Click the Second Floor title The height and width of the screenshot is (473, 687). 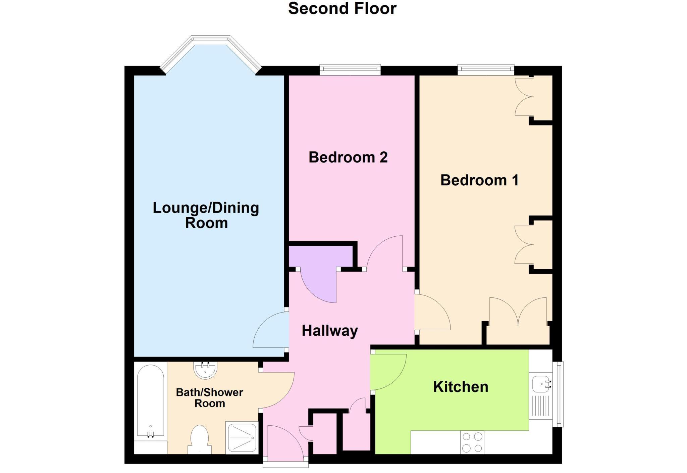click(x=342, y=8)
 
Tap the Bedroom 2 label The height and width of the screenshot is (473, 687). click(x=348, y=157)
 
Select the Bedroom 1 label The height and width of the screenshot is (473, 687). click(x=479, y=180)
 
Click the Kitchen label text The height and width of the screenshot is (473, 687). click(x=460, y=387)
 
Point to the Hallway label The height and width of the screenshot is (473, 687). click(x=330, y=331)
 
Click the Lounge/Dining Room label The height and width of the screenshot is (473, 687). click(x=206, y=215)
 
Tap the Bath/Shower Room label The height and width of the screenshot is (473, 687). click(x=209, y=398)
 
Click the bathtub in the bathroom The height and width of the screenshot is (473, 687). click(x=151, y=401)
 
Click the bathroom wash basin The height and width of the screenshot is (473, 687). click(x=205, y=370)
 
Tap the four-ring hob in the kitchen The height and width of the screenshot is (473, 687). click(x=472, y=442)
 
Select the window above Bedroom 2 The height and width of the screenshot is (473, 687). click(x=350, y=69)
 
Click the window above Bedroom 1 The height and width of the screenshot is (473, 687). click(x=486, y=69)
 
